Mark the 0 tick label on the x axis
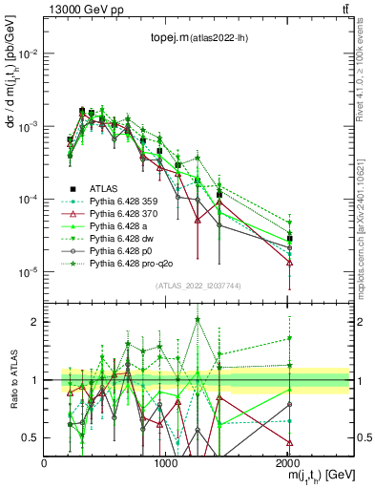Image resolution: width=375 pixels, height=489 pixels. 45,462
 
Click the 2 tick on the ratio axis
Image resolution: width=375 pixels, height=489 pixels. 35,322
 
